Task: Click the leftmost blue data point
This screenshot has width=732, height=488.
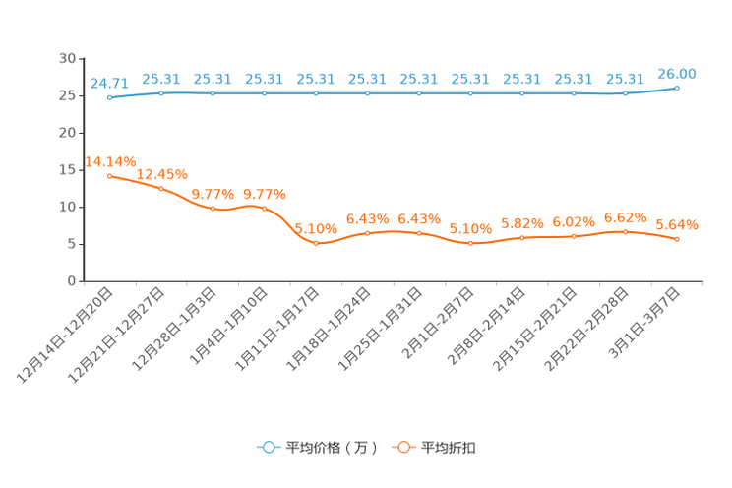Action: pyautogui.click(x=109, y=97)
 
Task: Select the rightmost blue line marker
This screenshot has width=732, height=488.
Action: pyautogui.click(x=677, y=89)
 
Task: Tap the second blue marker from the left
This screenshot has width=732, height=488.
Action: pyautogui.click(x=161, y=92)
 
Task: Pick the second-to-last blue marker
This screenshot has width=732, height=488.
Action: pyautogui.click(x=626, y=93)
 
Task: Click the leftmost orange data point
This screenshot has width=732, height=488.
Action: pyautogui.click(x=109, y=175)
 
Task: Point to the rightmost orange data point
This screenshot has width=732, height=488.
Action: pyautogui.click(x=677, y=239)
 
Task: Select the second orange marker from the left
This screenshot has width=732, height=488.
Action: pyautogui.click(x=161, y=188)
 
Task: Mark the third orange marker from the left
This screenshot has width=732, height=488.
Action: pyautogui.click(x=213, y=209)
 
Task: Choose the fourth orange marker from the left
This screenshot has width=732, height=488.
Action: pyautogui.click(x=264, y=208)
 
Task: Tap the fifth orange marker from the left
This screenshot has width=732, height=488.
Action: pyautogui.click(x=316, y=242)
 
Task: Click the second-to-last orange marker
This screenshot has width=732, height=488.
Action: pyautogui.click(x=626, y=231)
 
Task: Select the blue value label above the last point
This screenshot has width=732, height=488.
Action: pyautogui.click(x=677, y=74)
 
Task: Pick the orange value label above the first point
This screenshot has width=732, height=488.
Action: pyautogui.click(x=110, y=159)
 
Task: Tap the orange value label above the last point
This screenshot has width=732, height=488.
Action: pyautogui.click(x=677, y=224)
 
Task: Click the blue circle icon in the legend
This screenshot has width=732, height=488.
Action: pyautogui.click(x=268, y=448)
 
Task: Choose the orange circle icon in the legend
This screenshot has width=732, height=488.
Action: pyautogui.click(x=402, y=448)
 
